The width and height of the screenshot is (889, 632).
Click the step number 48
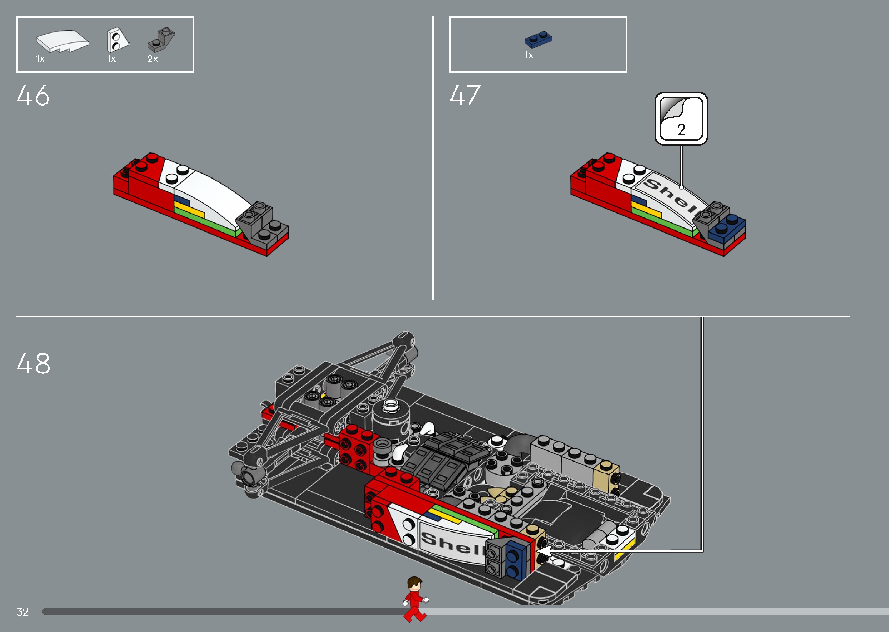click(x=33, y=363)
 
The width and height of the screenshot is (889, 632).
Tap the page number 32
click(x=23, y=612)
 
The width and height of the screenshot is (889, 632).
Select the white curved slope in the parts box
click(x=62, y=41)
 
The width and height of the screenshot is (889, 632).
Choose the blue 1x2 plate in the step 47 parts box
click(x=538, y=40)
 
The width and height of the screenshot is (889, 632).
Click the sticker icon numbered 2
click(x=681, y=119)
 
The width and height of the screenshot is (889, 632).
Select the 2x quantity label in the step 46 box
click(x=153, y=59)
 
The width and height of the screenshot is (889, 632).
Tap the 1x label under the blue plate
click(x=529, y=55)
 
